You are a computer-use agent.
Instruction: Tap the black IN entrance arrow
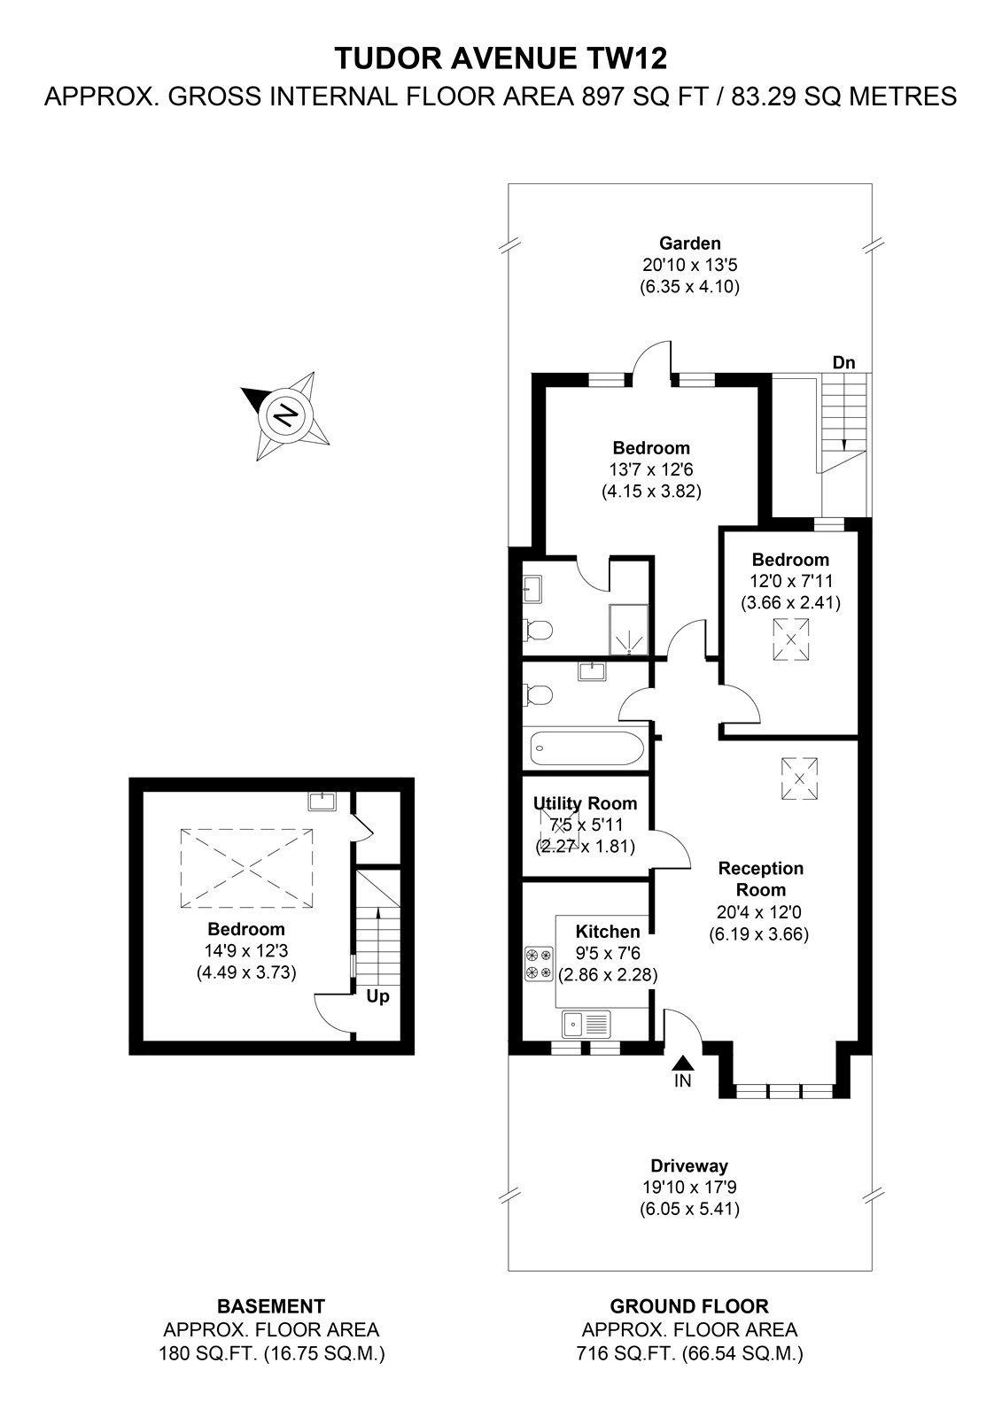pos(682,1063)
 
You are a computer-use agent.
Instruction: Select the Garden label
pos(689,244)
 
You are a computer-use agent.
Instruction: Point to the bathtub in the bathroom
pos(586,748)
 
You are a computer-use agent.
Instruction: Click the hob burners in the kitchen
pos(539,964)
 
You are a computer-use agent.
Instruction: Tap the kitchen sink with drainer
pos(586,1024)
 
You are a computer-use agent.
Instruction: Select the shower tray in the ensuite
pos(629,630)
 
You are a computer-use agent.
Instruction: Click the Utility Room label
pos(585,803)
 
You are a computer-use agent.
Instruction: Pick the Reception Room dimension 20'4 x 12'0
pos(759,911)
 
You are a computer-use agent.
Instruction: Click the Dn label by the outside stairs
pos(843,362)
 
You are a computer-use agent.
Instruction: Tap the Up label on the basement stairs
pos(378,996)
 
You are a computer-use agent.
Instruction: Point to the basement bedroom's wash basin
pos(322,801)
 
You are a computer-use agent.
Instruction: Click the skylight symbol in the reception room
pos(800,778)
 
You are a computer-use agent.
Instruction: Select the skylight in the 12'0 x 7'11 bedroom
pos(790,639)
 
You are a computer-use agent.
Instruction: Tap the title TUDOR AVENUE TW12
pos(501,58)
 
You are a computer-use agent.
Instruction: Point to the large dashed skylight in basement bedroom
pos(247,869)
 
